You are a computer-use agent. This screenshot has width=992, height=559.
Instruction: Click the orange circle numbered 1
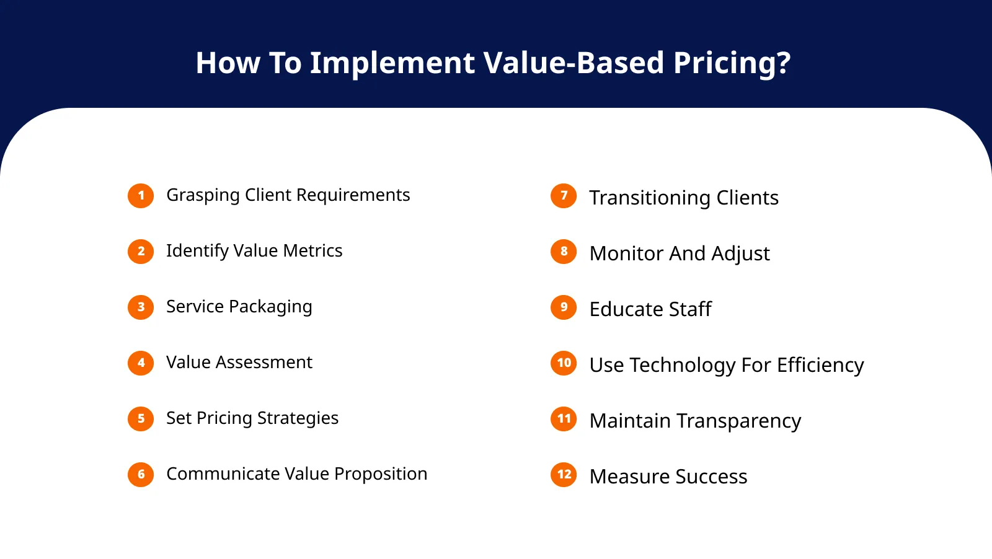[141, 196]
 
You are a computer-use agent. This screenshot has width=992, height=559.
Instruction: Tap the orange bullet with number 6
[141, 475]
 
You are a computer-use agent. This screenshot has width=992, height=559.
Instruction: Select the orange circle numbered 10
[564, 363]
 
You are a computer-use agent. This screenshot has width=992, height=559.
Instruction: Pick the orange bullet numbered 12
[564, 475]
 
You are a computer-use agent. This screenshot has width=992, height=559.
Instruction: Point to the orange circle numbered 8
[564, 252]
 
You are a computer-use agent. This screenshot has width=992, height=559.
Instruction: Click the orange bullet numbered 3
[141, 307]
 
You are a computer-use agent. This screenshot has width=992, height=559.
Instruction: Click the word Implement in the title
[392, 63]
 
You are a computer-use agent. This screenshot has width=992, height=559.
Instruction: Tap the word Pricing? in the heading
[732, 63]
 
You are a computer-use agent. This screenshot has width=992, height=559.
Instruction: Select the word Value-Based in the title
[573, 63]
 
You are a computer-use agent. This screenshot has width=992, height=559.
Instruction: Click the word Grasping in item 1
[203, 196]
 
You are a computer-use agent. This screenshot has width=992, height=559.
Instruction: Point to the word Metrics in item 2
[312, 250]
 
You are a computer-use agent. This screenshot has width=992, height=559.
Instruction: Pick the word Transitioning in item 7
[650, 198]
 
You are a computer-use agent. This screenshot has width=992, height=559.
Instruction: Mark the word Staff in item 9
[690, 309]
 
